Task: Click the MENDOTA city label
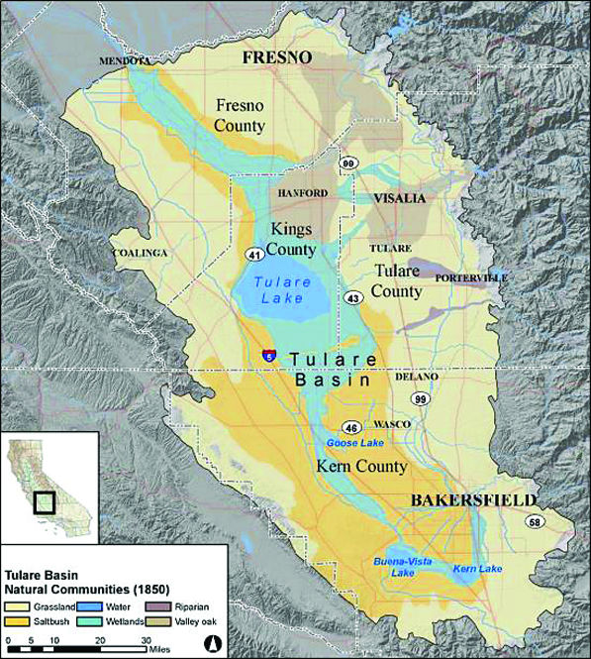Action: (125, 61)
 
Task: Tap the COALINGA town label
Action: (140, 253)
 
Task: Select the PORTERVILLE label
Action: (471, 277)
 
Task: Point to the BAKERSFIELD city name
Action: (473, 500)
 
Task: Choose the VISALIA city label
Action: (399, 198)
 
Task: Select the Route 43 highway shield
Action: (351, 298)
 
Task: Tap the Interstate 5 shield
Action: (268, 355)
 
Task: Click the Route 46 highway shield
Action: (351, 427)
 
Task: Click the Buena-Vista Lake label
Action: (394, 567)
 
